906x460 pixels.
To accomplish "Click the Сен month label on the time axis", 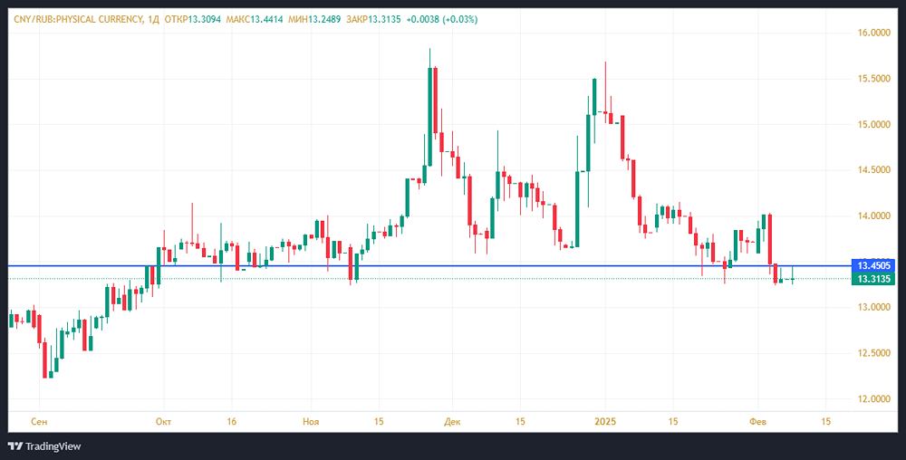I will (39, 422).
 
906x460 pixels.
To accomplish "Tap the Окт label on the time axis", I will (163, 422).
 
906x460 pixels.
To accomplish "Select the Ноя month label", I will (311, 422).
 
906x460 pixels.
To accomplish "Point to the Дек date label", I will (453, 422).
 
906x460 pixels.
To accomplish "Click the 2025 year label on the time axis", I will (605, 422).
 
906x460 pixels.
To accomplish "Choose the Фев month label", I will (758, 422).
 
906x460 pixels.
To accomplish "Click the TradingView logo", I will (45, 446).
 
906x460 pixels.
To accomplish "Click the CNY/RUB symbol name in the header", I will (73, 19).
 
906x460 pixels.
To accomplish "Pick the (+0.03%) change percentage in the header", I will (459, 19).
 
